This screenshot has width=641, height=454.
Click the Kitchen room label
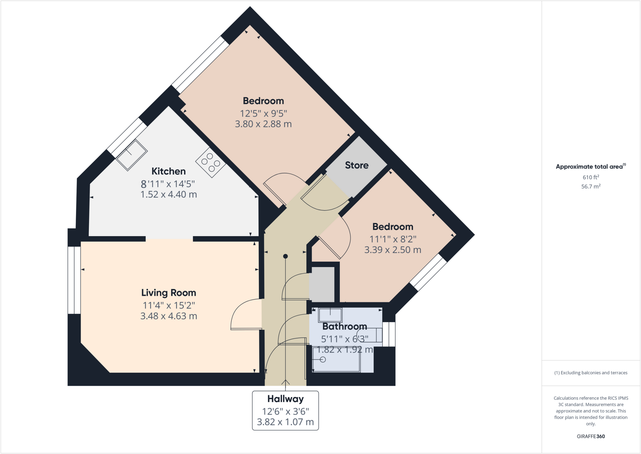pyautogui.click(x=168, y=171)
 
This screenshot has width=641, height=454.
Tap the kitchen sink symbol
pyautogui.click(x=131, y=155)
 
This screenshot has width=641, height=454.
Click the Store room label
pyautogui.click(x=356, y=165)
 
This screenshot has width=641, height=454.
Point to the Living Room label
pyautogui.click(x=168, y=293)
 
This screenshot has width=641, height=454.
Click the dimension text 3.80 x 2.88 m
pyautogui.click(x=263, y=124)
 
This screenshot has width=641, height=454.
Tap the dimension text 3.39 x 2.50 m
pyautogui.click(x=392, y=250)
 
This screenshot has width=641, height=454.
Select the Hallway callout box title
pyautogui.click(x=285, y=399)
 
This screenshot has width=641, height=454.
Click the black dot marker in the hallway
pyautogui.click(x=285, y=256)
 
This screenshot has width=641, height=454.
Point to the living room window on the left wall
pyautogui.click(x=74, y=280)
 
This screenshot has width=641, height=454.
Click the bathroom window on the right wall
pyautogui.click(x=389, y=334)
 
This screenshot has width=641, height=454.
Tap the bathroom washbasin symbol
pyautogui.click(x=330, y=315)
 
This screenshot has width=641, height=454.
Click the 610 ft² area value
pyautogui.click(x=591, y=177)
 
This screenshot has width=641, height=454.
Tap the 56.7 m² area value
pyautogui.click(x=591, y=186)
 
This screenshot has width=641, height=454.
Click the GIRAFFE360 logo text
pyautogui.click(x=591, y=436)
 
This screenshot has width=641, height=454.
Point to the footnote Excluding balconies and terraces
pyautogui.click(x=591, y=373)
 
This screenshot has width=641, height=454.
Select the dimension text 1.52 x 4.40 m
pyautogui.click(x=168, y=195)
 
